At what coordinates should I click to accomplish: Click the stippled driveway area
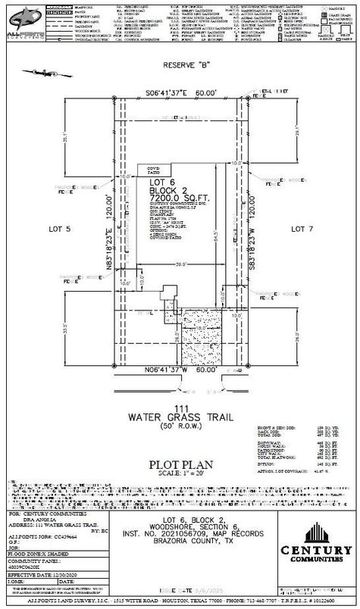[200, 336]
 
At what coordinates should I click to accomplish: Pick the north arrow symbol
[36, 73]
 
